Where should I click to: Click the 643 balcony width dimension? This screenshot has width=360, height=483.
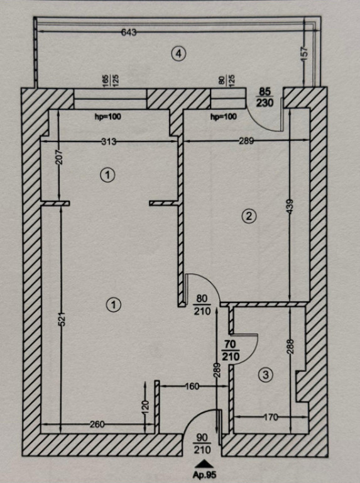pos(129,32)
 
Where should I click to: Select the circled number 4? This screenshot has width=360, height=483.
pos(178,54)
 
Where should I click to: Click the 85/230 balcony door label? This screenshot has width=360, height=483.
pos(265,97)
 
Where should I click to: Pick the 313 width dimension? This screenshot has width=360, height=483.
pos(109,142)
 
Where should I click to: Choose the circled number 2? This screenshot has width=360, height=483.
pos(249,216)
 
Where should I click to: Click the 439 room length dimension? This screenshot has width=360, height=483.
pos(291,207)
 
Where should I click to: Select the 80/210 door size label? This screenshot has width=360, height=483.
pos(202,304)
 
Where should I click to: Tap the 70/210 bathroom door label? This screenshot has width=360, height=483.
pos(230,350)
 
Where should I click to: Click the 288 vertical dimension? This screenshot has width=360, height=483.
pos(291,347)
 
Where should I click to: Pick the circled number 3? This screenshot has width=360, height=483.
pos(266,375)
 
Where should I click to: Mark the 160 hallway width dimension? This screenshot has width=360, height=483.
pos(192,386)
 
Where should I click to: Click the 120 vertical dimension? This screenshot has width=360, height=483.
pos(146,406)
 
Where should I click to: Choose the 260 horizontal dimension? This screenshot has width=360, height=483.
pos(97,425)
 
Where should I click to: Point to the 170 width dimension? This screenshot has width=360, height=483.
pos(271,417)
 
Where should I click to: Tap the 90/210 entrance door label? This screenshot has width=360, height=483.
pos(202,444)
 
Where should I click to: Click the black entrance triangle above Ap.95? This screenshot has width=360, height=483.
pos(204,464)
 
